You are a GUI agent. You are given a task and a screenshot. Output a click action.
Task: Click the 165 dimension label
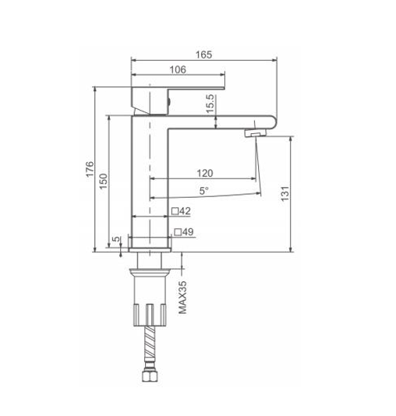203,55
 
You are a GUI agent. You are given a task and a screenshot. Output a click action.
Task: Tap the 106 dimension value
178,69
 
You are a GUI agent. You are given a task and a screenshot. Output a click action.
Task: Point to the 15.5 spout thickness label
210,104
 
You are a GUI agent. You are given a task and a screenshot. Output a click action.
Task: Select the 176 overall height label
90,169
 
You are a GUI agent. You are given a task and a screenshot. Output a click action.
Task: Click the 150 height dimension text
103,182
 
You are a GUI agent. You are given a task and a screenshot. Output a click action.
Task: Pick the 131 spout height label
285,194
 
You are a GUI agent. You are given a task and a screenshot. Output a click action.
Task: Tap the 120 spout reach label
205,173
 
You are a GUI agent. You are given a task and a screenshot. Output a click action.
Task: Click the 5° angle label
203,191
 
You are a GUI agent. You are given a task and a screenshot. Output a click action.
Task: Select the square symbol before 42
175,211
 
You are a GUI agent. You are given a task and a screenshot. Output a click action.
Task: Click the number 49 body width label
188,232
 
